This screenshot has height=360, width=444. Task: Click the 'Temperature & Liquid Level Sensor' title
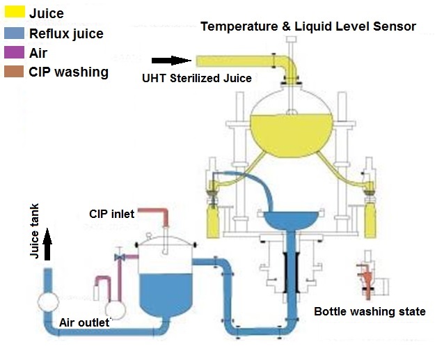pyautogui.click(x=308, y=26)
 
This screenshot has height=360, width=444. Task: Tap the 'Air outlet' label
pyautogui.click(x=83, y=322)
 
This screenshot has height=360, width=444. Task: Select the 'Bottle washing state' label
pyautogui.click(x=369, y=311)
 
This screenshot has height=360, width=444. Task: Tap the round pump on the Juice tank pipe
pyautogui.click(x=48, y=302)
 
